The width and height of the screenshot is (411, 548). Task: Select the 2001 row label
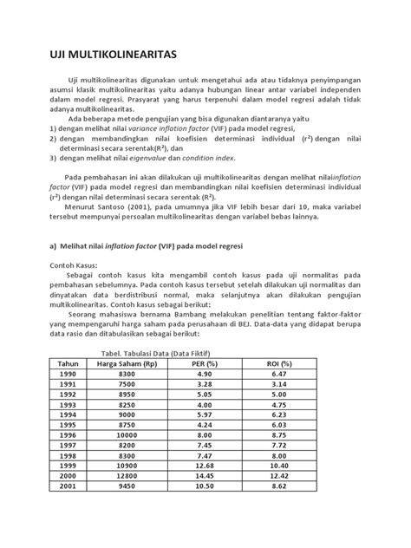[68, 512]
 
